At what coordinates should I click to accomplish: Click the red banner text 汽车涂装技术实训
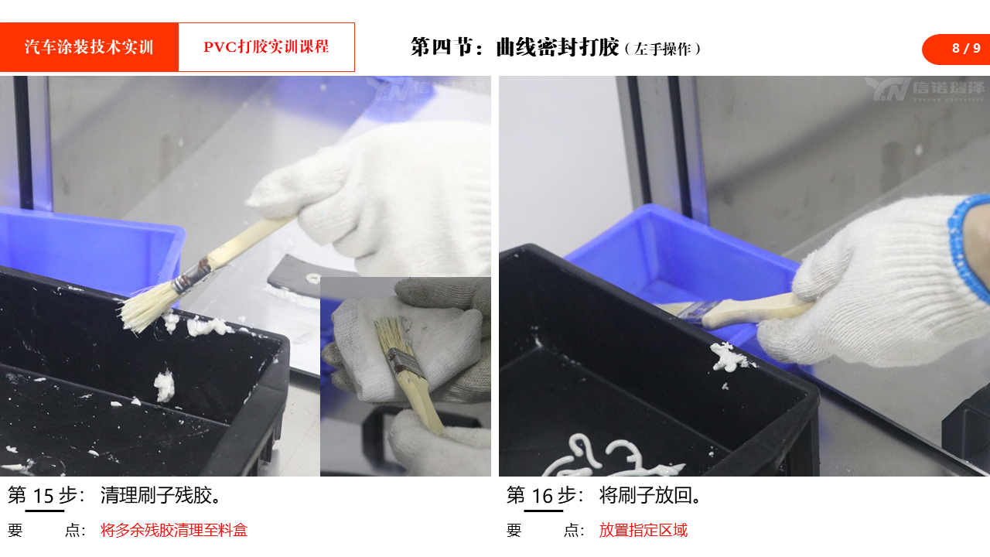click(89, 47)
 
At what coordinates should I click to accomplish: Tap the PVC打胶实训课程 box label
click(266, 47)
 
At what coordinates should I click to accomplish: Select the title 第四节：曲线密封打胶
click(514, 47)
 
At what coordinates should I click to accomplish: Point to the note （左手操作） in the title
click(663, 49)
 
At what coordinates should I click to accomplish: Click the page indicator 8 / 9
click(966, 48)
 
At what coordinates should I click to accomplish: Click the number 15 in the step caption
click(43, 496)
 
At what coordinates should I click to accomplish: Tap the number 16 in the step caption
click(542, 496)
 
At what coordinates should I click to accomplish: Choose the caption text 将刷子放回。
click(650, 496)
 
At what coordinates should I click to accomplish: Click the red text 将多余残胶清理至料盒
click(174, 530)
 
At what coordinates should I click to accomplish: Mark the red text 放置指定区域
click(643, 530)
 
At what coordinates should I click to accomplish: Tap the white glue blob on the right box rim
click(729, 357)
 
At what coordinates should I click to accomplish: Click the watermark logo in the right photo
click(924, 89)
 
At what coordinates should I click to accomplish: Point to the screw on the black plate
click(313, 278)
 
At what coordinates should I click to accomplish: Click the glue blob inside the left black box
click(164, 386)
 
